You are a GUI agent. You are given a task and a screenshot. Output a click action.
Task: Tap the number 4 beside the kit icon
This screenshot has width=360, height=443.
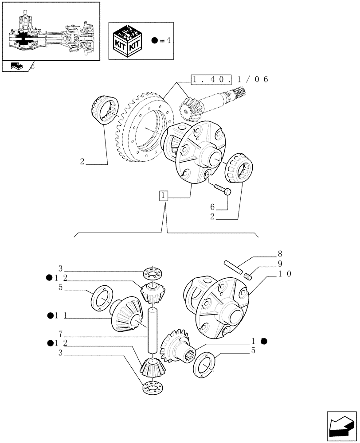click(168, 41)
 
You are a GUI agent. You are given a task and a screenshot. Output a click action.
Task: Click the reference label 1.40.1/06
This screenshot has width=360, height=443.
click(230, 80)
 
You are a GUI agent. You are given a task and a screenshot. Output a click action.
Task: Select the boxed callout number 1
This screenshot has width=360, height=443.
click(164, 195)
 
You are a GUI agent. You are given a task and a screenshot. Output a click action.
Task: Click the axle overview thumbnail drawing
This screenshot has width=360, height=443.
click(50, 32)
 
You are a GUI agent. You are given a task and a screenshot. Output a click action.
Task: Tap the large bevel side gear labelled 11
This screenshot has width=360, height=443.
click(126, 314)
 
